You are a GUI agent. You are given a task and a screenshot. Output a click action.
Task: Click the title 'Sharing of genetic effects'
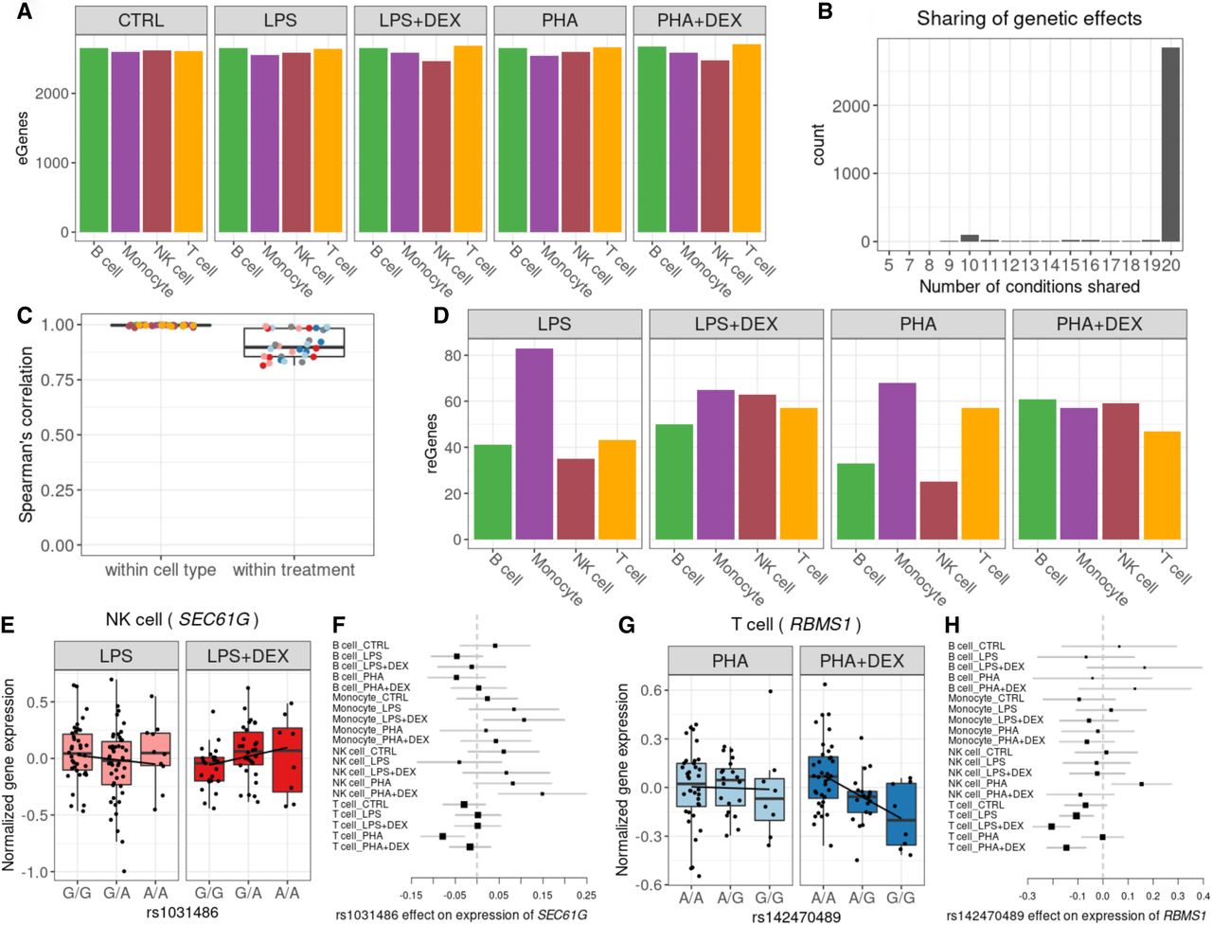pos(1029,18)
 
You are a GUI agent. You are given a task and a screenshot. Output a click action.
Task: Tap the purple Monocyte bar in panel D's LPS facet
pos(534,445)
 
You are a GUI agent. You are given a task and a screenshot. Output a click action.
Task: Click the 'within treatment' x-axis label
pos(294,570)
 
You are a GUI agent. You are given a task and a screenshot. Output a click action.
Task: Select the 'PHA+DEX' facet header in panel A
pos(700,20)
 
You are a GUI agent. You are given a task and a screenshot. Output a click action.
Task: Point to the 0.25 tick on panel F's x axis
pos(587,893)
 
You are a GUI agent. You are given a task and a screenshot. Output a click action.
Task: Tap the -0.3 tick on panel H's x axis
pos(1027,894)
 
